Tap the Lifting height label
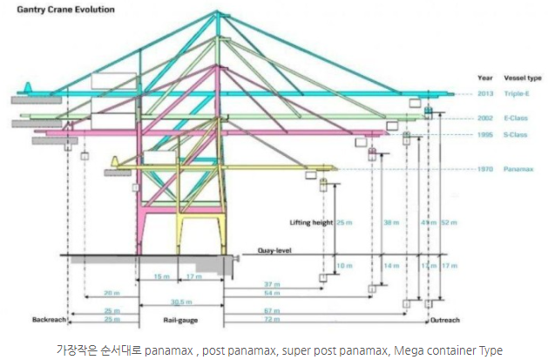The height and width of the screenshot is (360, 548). tap(310, 222)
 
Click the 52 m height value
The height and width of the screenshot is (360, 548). tap(450, 222)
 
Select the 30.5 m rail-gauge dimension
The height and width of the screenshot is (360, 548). tap(180, 302)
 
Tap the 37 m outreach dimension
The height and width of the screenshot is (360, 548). tap(273, 284)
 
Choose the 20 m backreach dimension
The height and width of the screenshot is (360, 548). tap(111, 293)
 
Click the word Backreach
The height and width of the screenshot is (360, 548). tap(50, 319)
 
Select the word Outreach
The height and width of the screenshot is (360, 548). tap(445, 319)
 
